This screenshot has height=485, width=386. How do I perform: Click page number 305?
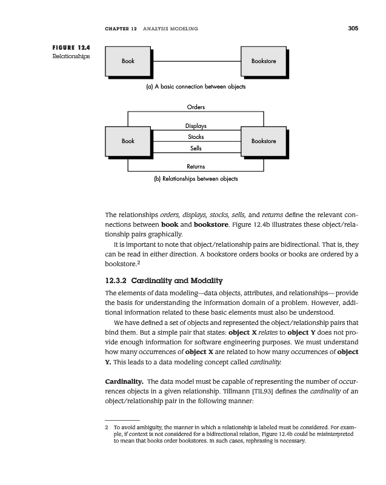[x=353, y=28]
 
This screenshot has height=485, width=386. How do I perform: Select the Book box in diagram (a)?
[x=128, y=61]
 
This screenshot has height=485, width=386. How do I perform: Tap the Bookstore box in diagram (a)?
[x=264, y=61]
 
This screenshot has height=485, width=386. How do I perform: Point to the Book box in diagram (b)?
[x=128, y=141]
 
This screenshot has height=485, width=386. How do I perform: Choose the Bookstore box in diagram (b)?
[x=264, y=141]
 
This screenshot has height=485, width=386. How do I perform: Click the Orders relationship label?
[x=196, y=107]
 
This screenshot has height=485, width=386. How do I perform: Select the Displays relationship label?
[x=196, y=126]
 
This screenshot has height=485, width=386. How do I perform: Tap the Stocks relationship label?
[x=196, y=137]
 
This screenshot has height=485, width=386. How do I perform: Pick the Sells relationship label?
[x=196, y=148]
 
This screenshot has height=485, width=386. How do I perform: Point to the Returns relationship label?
[x=196, y=166]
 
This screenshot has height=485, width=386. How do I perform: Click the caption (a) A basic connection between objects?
[x=195, y=87]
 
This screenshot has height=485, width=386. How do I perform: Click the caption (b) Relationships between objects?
[x=195, y=179]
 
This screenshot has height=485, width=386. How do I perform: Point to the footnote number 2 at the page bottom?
[x=107, y=427]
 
